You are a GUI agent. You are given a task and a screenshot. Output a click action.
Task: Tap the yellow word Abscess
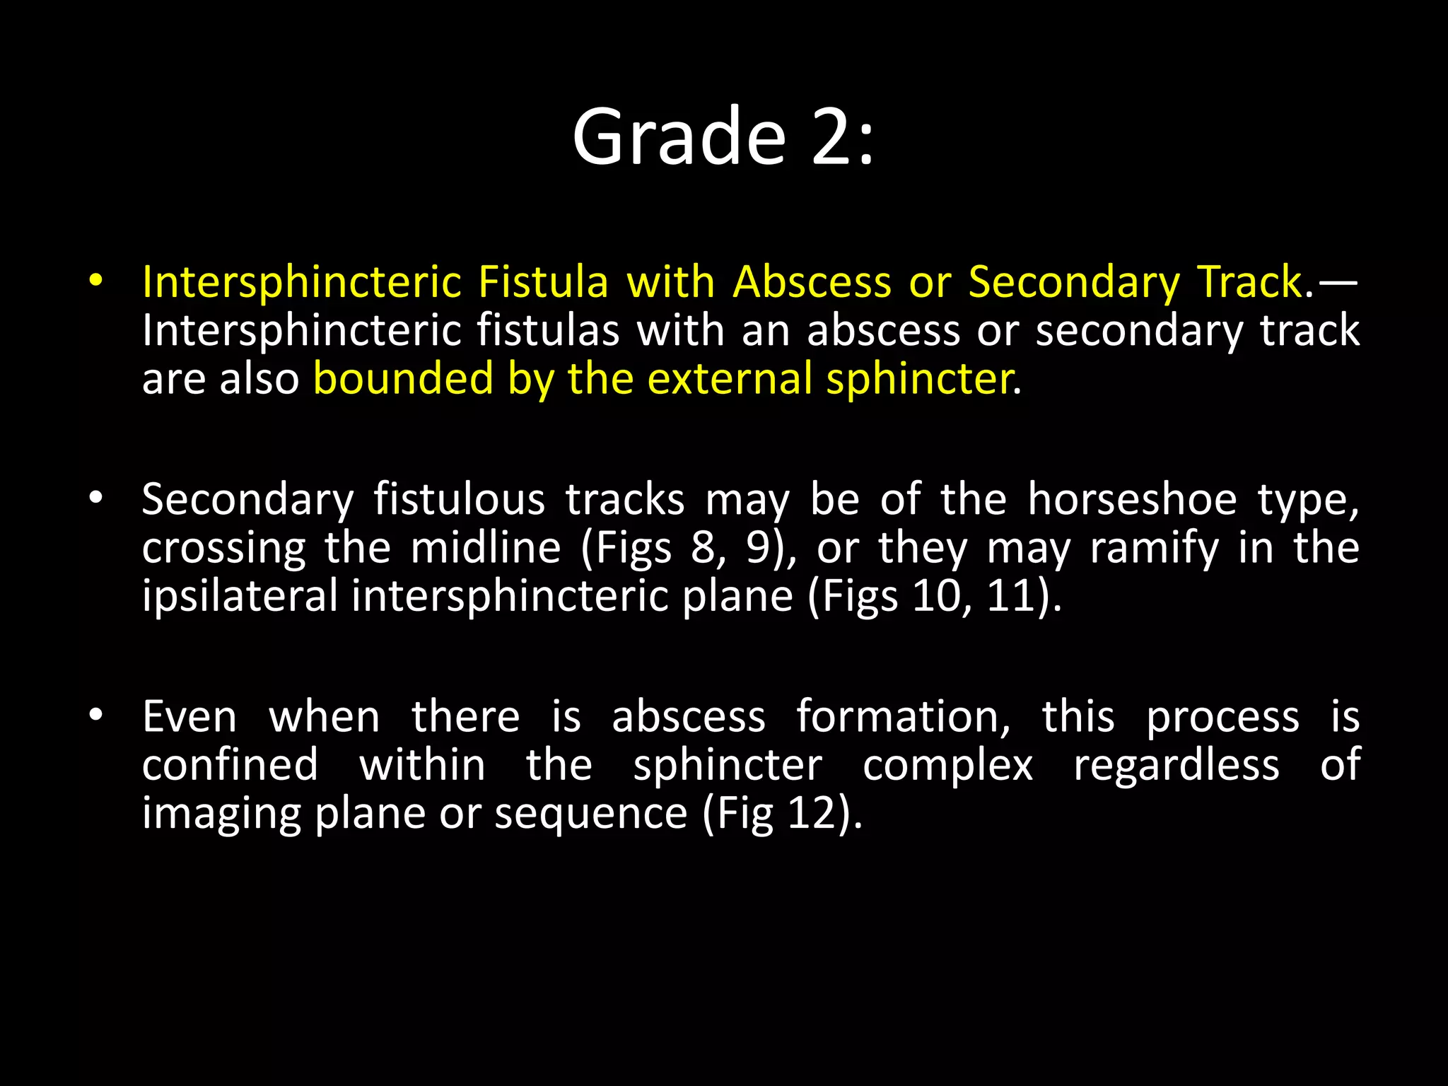(812, 282)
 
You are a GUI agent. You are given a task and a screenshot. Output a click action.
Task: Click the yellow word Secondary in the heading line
(1074, 282)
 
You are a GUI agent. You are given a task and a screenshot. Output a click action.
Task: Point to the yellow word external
(730, 378)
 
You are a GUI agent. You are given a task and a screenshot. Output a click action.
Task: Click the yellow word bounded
(403, 378)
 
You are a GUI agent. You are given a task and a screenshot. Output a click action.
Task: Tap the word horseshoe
(1132, 500)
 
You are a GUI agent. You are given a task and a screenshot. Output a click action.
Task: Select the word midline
(486, 548)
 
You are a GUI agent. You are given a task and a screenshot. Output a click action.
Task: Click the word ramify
(1154, 548)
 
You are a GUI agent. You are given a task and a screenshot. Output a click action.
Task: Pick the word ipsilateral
(240, 596)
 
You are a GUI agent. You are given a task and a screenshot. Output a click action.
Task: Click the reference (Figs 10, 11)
(935, 596)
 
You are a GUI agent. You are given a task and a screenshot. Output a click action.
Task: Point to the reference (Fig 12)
(783, 814)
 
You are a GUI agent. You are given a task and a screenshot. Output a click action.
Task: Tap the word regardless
(1176, 766)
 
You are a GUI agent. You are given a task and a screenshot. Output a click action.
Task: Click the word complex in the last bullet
(947, 766)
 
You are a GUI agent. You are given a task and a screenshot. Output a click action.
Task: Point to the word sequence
(590, 814)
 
